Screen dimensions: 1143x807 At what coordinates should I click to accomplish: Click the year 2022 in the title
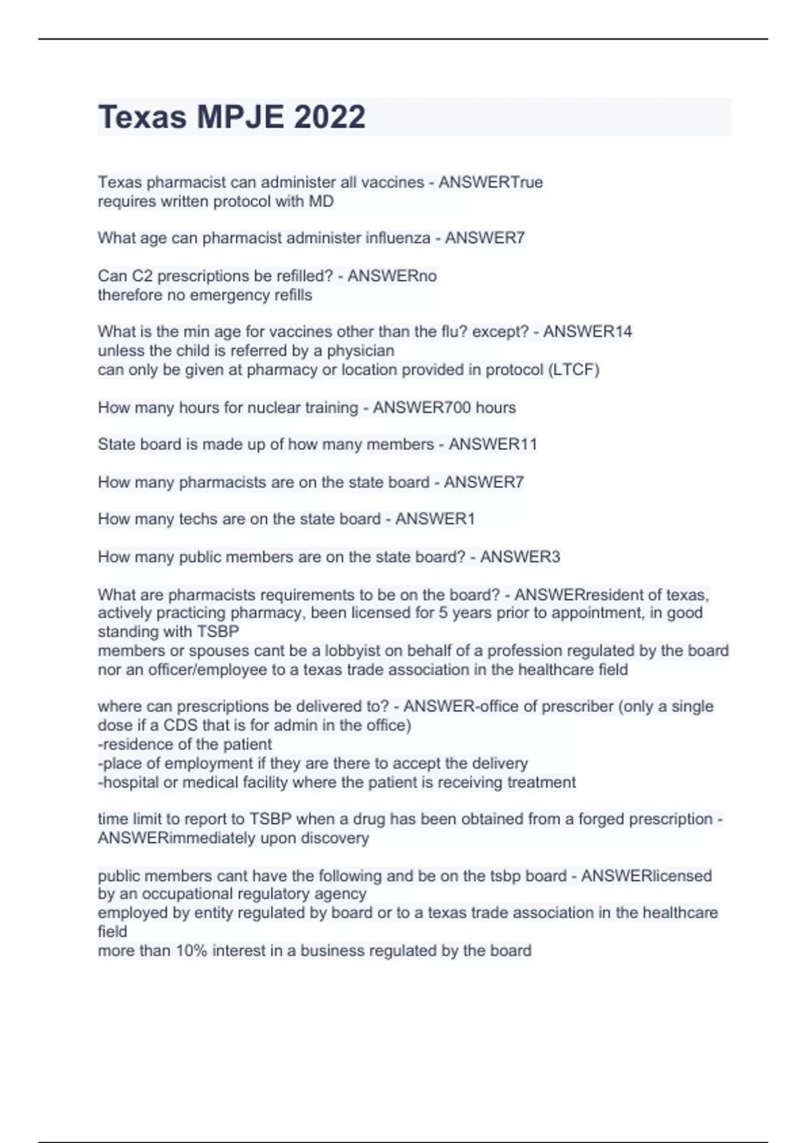[330, 117]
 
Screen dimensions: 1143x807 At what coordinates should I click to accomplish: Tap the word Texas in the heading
[142, 117]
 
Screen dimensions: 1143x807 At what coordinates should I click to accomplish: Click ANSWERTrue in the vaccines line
[490, 182]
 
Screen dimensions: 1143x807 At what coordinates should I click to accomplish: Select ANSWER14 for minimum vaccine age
[587, 331]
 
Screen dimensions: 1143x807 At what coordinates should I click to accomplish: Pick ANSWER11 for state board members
[493, 444]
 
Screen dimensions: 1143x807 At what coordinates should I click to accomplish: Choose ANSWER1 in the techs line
[434, 519]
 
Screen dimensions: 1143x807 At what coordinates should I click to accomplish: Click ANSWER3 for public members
[520, 557]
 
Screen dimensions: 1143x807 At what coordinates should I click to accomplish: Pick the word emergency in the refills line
[229, 295]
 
